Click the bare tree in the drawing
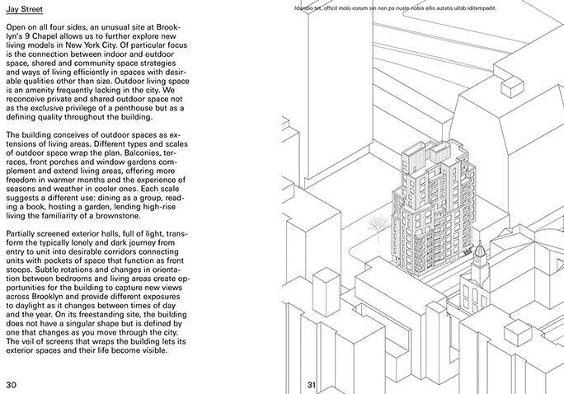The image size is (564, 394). [378, 223]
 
